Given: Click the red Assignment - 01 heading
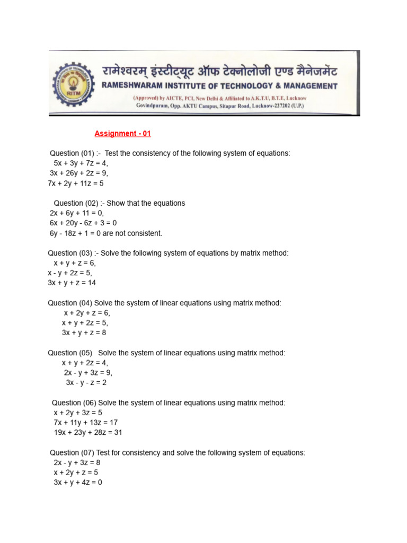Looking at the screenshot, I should [122, 134].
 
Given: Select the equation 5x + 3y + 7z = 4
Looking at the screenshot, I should [81, 163].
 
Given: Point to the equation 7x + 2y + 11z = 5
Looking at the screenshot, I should [76, 183].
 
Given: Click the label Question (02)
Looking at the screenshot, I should [76, 203].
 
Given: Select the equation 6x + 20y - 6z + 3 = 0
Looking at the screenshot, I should [83, 223].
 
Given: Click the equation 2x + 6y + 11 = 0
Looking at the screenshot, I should [77, 213].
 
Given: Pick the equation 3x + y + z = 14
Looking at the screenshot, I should [72, 283].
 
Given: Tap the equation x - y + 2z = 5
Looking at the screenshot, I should [70, 273].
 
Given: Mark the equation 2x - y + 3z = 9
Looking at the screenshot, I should [88, 373].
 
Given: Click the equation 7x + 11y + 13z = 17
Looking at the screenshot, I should [85, 423].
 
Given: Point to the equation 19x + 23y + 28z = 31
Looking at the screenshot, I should [87, 433].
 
